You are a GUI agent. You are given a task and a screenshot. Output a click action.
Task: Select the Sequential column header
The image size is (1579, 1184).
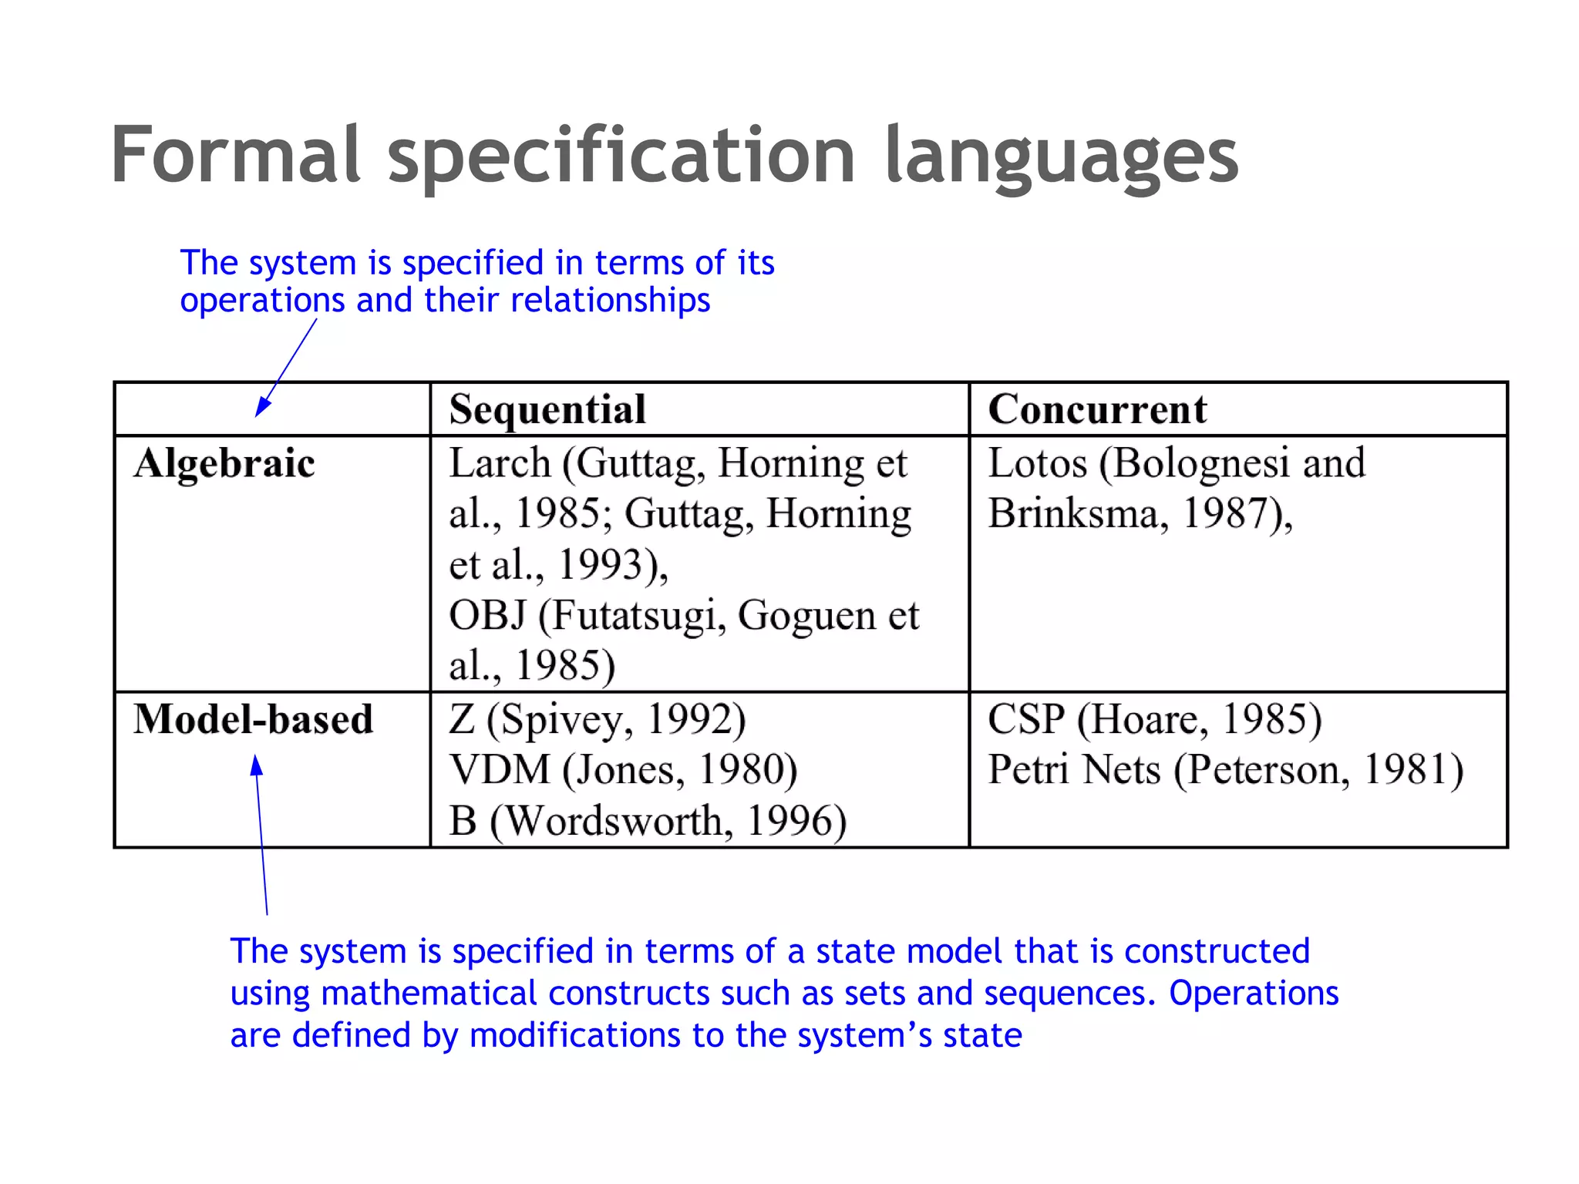[x=547, y=409]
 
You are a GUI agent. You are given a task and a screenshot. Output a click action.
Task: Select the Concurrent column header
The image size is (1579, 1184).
[x=1097, y=409]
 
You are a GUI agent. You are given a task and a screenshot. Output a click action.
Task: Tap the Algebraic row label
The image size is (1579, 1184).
[x=224, y=464]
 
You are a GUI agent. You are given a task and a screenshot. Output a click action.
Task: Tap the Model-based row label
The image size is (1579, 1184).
[x=253, y=719]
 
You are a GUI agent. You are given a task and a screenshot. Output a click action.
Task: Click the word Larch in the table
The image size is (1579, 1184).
[x=500, y=463]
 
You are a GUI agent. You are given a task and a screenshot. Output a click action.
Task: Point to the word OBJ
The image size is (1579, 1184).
[x=487, y=616]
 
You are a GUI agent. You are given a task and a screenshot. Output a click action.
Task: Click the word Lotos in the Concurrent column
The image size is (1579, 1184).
[x=1037, y=463]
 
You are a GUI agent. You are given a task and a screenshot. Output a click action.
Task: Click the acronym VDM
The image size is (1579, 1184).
[x=500, y=770]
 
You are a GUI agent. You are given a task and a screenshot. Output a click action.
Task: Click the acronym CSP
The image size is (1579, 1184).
[x=1025, y=719]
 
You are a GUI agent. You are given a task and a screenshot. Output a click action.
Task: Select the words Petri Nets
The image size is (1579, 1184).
[x=1074, y=770]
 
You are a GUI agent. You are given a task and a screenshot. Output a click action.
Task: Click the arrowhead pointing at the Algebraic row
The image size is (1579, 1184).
[x=261, y=408]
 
